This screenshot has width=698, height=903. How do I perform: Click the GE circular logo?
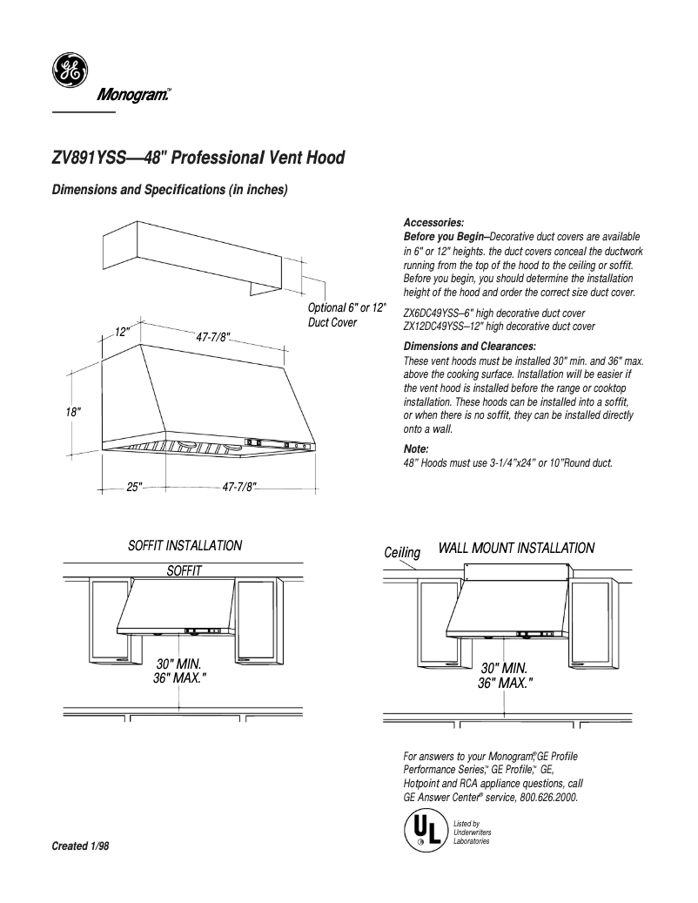click(66, 71)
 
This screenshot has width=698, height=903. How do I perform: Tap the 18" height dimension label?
click(73, 412)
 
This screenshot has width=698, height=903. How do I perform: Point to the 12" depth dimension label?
click(122, 332)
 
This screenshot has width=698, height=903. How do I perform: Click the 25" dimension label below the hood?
click(135, 488)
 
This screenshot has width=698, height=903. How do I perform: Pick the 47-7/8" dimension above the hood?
click(212, 336)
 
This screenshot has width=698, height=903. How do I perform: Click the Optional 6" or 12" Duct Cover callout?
click(346, 315)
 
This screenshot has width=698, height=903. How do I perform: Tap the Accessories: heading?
click(434, 223)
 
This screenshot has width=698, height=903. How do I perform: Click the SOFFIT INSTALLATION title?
click(185, 546)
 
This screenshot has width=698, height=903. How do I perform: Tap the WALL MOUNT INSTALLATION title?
click(516, 548)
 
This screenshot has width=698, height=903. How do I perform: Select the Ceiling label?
click(402, 553)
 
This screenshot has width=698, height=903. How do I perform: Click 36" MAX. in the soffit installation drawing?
click(179, 677)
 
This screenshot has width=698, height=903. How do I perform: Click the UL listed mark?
click(422, 831)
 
